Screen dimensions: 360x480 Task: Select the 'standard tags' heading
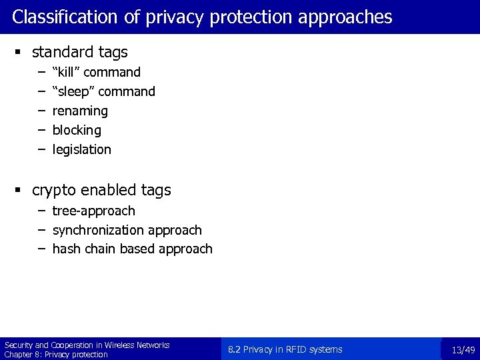tap(79, 51)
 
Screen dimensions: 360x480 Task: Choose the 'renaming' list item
tap(80, 111)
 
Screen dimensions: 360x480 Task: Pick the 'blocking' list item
tap(77, 130)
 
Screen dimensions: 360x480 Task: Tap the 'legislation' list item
tap(82, 149)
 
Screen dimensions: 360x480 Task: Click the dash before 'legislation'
tap(41, 149)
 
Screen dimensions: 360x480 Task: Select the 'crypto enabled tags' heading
tap(101, 190)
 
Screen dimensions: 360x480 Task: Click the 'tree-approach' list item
tap(93, 211)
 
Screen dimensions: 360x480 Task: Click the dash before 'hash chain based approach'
tap(41, 249)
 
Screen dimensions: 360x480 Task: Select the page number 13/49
tap(463, 350)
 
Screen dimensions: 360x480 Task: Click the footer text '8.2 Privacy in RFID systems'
tap(285, 349)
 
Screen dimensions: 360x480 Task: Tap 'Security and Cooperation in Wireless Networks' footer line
tap(87, 345)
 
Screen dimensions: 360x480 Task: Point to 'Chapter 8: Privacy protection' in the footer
tap(56, 355)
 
